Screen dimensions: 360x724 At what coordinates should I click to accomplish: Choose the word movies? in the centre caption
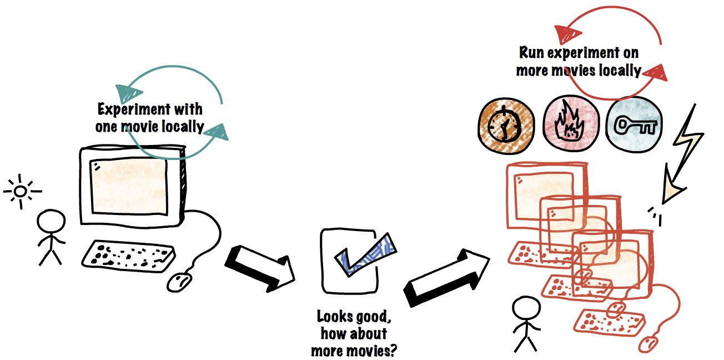click(373, 351)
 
